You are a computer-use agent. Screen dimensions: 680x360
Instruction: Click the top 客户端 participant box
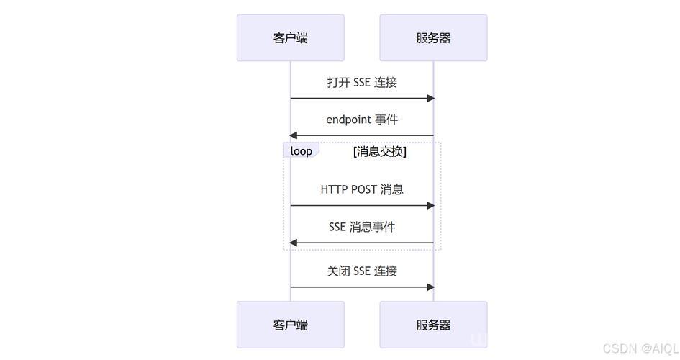(291, 37)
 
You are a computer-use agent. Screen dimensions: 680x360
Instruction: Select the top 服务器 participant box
(433, 37)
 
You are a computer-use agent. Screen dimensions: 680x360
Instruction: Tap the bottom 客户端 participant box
(291, 325)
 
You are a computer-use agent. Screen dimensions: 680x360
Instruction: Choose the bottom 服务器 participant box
(433, 325)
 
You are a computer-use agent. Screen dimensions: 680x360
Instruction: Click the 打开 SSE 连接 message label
(362, 82)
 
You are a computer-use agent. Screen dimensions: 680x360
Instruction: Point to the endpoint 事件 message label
(362, 120)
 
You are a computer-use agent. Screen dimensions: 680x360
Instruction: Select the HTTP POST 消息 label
(362, 189)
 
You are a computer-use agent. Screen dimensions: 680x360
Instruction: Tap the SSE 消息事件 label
(362, 227)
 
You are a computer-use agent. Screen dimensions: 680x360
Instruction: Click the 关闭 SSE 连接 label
(362, 271)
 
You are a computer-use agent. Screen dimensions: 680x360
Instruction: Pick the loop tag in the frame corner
(302, 151)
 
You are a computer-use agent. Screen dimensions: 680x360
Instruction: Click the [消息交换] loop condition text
(380, 151)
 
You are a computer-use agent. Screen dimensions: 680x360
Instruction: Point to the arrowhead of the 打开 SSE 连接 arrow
(430, 99)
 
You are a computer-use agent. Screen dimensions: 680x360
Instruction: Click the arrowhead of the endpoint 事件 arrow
(293, 135)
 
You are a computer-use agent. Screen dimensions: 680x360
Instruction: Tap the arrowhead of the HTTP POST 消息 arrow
(430, 206)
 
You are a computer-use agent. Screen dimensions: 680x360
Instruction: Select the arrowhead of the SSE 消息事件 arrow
(293, 243)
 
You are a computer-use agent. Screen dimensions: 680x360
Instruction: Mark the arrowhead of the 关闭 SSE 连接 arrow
(430, 287)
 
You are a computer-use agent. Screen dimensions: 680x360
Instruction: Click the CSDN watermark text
(640, 348)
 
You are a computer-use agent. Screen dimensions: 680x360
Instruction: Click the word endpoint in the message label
(349, 120)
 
